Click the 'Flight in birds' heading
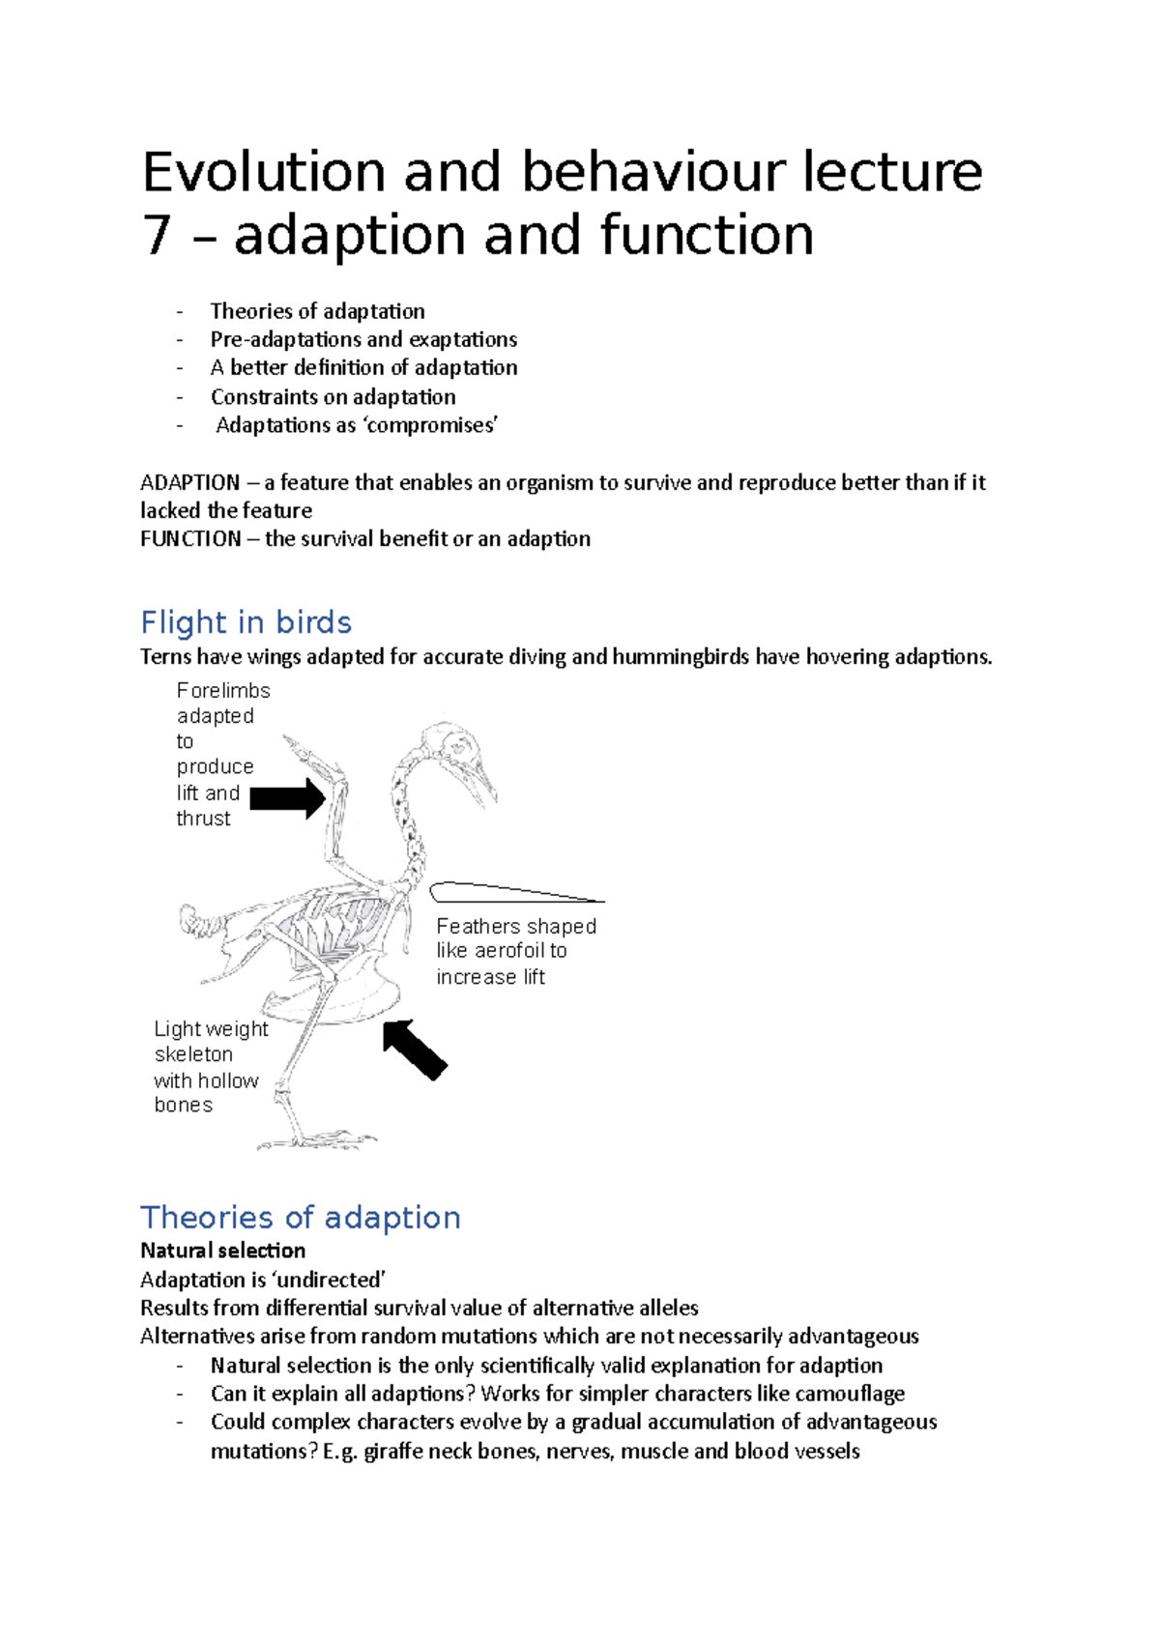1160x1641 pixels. pyautogui.click(x=246, y=622)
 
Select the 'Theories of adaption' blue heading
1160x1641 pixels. pyautogui.click(x=300, y=1218)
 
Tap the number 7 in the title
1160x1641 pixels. pyautogui.click(x=157, y=236)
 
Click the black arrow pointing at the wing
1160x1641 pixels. pyautogui.click(x=287, y=798)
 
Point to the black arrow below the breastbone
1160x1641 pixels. pyautogui.click(x=415, y=1050)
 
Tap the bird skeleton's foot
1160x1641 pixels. pyautogui.click(x=319, y=1140)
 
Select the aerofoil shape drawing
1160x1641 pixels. pyautogui.click(x=512, y=892)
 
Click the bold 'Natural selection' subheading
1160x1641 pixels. pyautogui.click(x=222, y=1251)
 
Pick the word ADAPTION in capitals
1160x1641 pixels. pyautogui.click(x=189, y=482)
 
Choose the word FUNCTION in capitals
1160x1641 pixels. pyautogui.click(x=190, y=539)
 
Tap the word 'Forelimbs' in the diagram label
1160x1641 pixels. pyautogui.click(x=223, y=691)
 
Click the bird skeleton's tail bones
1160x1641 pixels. pyautogui.click(x=199, y=920)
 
